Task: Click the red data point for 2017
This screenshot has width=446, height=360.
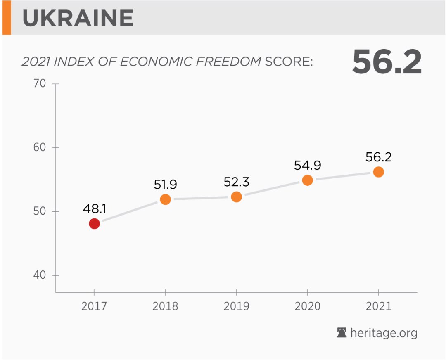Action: pyautogui.click(x=94, y=223)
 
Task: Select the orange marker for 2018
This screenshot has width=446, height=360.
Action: pyautogui.click(x=165, y=199)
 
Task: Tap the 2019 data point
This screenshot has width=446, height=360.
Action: pyautogui.click(x=236, y=197)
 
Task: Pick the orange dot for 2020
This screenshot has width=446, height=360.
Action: pyautogui.click(x=307, y=180)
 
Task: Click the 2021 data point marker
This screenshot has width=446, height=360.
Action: pyautogui.click(x=378, y=172)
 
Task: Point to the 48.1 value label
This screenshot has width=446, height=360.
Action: pyautogui.click(x=94, y=208)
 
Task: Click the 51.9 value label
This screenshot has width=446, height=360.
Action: pyautogui.click(x=165, y=185)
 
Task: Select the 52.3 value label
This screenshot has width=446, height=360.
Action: pyautogui.click(x=236, y=182)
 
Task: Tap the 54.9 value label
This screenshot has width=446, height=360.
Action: pyautogui.click(x=307, y=165)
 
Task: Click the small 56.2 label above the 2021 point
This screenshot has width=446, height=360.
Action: pyautogui.click(x=378, y=157)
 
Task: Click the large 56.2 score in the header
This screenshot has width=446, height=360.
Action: pyautogui.click(x=387, y=62)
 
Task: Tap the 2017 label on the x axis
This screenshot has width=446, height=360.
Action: pyautogui.click(x=94, y=307)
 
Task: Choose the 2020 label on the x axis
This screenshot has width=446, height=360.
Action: pyautogui.click(x=307, y=307)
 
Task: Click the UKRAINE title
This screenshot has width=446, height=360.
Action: pyautogui.click(x=78, y=18)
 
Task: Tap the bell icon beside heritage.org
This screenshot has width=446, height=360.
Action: pyautogui.click(x=342, y=332)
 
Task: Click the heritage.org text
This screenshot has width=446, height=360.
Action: pyautogui.click(x=384, y=333)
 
